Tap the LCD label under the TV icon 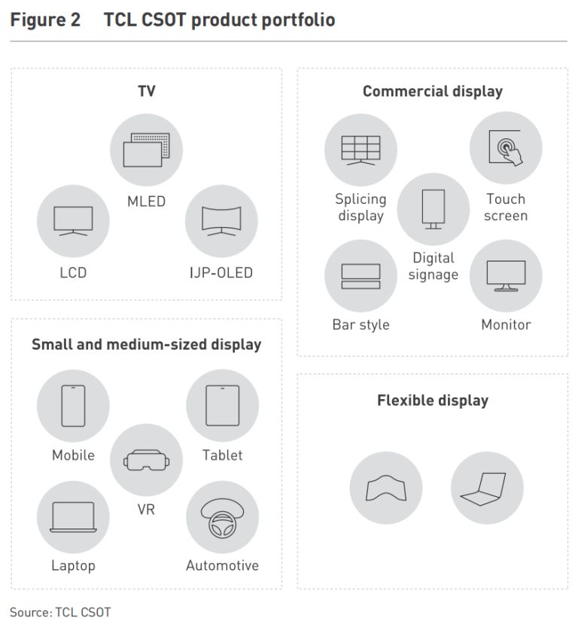point(73,273)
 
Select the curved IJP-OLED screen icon point(221,220)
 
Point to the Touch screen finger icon point(506,148)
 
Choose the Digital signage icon point(433,208)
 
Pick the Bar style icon point(360,276)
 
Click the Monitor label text point(506,325)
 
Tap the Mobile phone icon point(73,406)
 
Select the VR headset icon point(146,459)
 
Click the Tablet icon point(222,406)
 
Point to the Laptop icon point(73,516)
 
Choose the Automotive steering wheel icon point(222,516)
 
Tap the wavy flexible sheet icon point(385,489)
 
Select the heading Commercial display point(432,92)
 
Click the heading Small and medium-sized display point(146,345)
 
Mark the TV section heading point(146,92)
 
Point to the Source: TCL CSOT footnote point(60,612)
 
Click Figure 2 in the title point(45,20)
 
